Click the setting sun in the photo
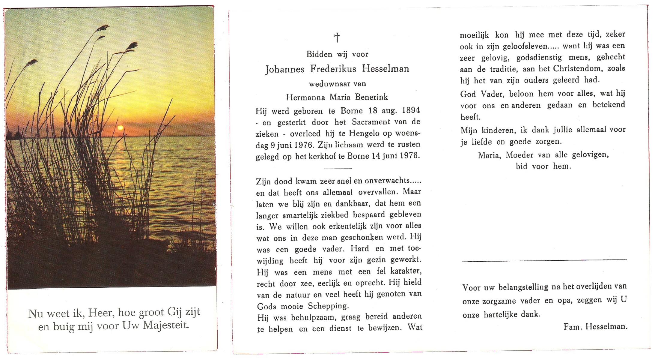[121, 128]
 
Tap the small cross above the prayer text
[337, 37]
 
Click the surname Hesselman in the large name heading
[386, 69]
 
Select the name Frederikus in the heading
[333, 69]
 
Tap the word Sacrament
[371, 122]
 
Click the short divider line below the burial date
[338, 168]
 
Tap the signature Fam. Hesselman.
[595, 327]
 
